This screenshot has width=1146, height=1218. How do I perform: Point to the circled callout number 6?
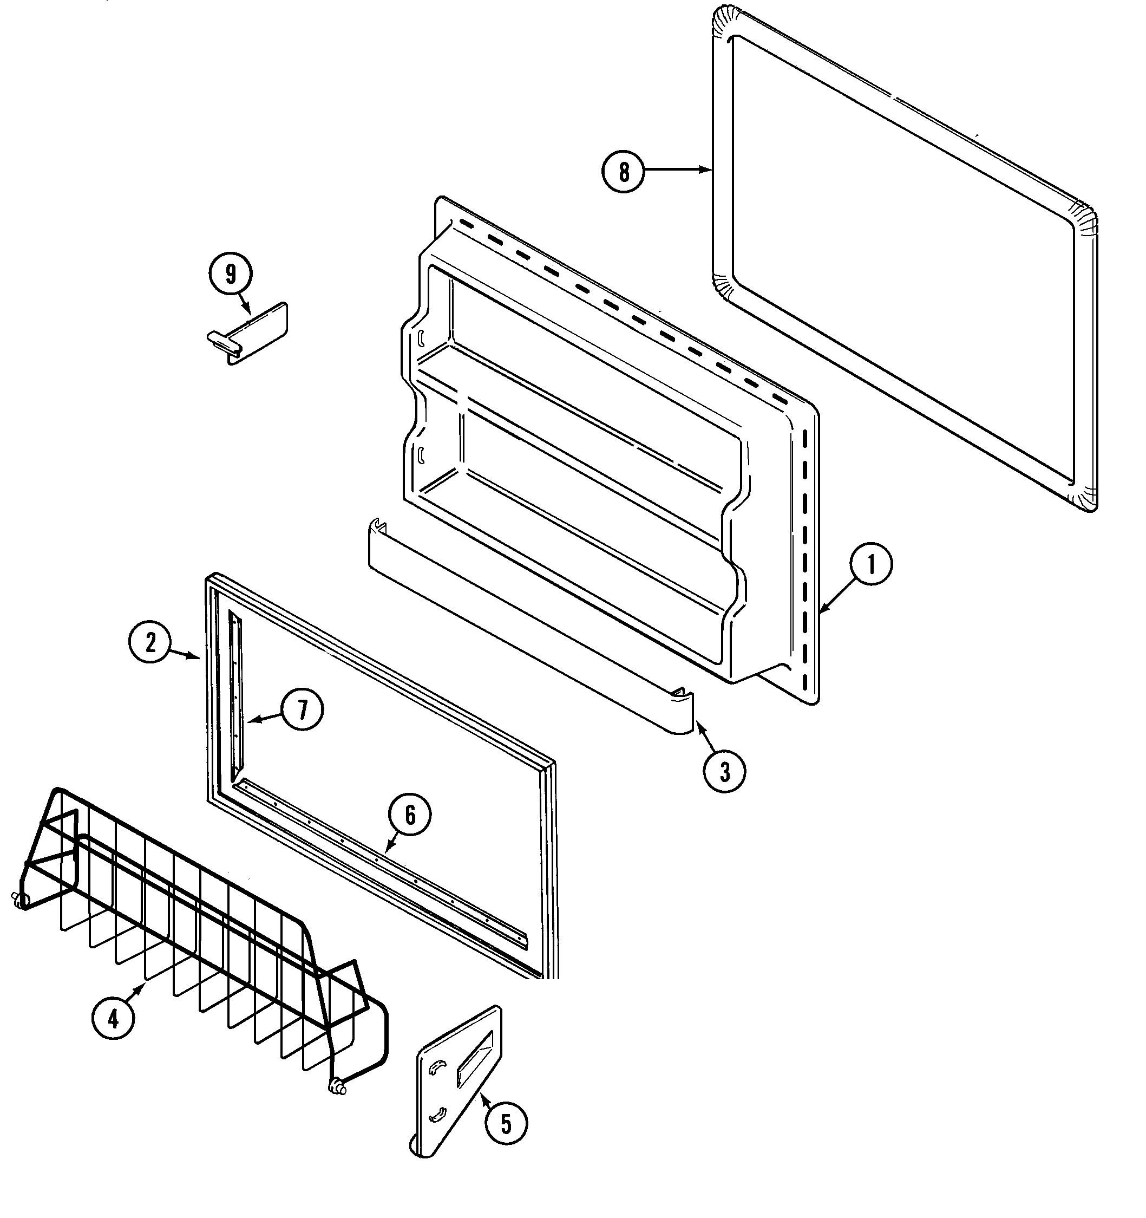click(x=410, y=815)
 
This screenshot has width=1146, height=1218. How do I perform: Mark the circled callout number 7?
click(x=303, y=709)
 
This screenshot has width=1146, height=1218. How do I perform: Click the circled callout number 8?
click(x=624, y=172)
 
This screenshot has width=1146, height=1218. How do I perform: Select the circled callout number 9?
click(x=230, y=274)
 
